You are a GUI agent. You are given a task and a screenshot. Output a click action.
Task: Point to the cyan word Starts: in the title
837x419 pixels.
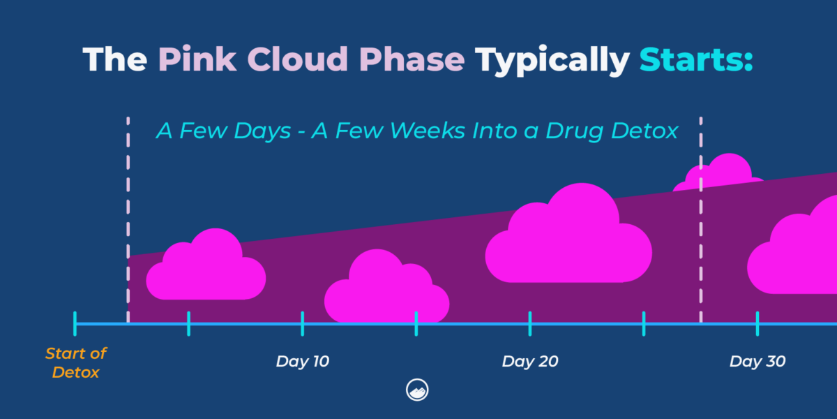(x=696, y=60)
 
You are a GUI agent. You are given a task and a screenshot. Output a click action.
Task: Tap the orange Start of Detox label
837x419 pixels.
(x=75, y=363)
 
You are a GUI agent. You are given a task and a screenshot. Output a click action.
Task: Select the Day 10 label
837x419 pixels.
(x=302, y=362)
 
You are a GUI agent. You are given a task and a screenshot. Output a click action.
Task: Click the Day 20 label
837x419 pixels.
(x=529, y=362)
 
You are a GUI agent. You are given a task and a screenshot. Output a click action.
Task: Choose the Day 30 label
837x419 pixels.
(x=757, y=362)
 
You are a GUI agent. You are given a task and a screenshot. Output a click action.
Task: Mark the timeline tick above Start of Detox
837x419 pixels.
(x=75, y=323)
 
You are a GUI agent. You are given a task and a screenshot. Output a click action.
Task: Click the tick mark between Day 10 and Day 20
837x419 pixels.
(x=416, y=323)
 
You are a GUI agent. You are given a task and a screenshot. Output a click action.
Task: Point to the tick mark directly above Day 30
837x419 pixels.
(x=757, y=323)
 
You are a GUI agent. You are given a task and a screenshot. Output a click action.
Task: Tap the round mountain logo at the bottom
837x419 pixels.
(x=417, y=390)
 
